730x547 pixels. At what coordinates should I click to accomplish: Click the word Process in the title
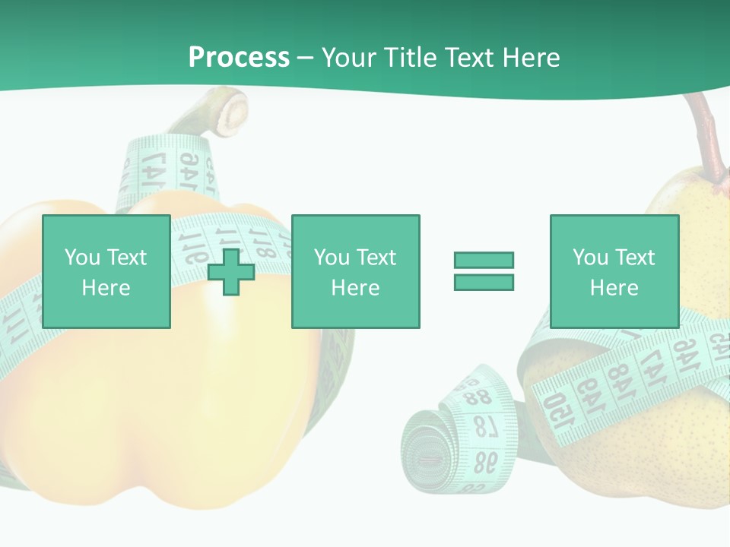[239, 58]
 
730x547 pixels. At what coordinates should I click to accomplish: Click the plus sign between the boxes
[231, 272]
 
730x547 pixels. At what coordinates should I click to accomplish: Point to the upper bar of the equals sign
[484, 260]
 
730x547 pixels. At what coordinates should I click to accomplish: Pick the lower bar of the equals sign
[484, 282]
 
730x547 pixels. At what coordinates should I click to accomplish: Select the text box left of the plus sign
[106, 272]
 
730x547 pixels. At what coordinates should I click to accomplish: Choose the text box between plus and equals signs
[355, 272]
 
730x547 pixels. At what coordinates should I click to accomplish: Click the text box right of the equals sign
[614, 272]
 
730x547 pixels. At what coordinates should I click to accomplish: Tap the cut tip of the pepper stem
[235, 111]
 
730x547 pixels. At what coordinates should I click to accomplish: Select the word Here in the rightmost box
[614, 288]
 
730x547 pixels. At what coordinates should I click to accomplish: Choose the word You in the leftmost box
[82, 258]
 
